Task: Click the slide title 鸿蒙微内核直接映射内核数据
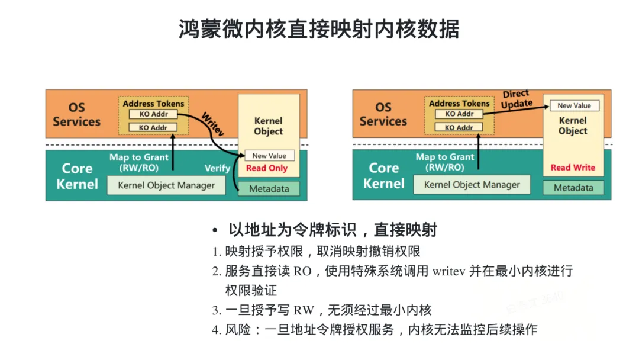[319, 29]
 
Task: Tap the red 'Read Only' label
[267, 168]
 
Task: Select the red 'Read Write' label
[573, 168]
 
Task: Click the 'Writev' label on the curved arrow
[213, 124]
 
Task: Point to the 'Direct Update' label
[517, 99]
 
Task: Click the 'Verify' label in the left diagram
[217, 168]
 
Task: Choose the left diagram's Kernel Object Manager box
[166, 185]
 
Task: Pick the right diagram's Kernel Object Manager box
[472, 185]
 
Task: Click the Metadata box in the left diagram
[269, 189]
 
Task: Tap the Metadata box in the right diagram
[573, 188]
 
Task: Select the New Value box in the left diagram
[269, 156]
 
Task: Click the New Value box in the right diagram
[574, 105]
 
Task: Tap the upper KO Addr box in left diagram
[154, 114]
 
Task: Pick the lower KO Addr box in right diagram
[459, 128]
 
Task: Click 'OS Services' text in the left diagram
[76, 114]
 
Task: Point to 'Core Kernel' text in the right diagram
[383, 176]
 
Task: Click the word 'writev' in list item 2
[448, 271]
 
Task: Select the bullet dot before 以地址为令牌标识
[215, 231]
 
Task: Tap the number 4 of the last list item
[215, 330]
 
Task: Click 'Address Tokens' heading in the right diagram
[459, 104]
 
